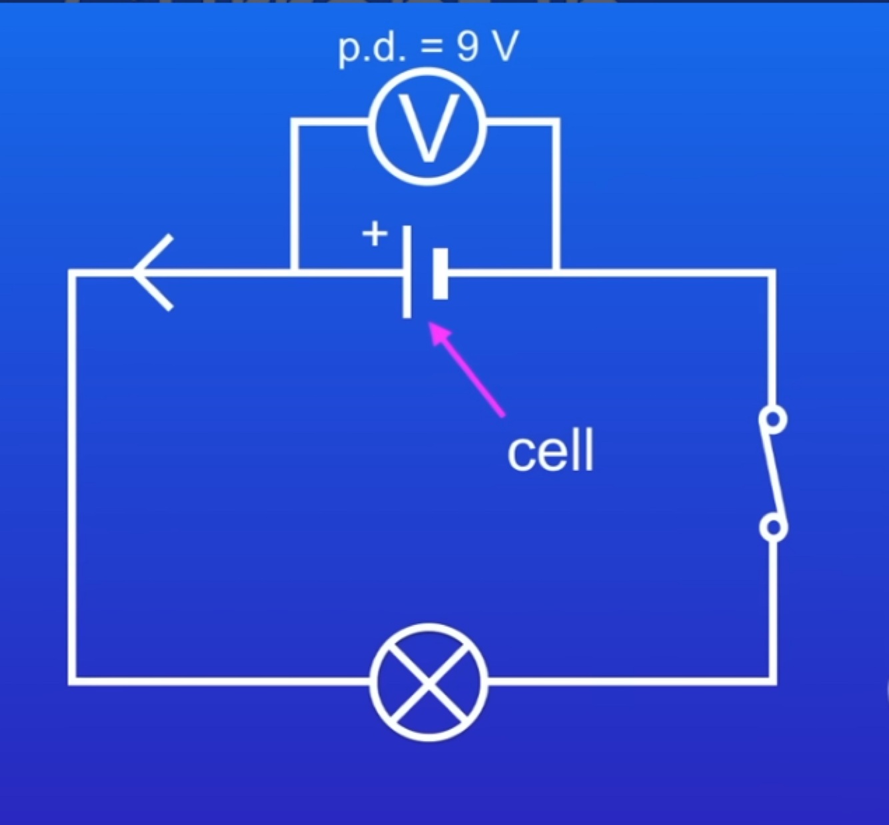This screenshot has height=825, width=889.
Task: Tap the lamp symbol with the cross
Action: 429,681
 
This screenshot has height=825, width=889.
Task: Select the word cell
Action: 550,452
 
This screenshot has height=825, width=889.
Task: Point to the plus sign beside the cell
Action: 375,234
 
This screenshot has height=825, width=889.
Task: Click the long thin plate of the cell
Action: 407,272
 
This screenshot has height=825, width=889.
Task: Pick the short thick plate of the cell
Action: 441,273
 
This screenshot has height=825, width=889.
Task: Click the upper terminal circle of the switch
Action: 773,420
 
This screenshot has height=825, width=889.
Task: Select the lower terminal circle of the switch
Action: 773,528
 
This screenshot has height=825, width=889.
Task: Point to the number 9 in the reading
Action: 468,47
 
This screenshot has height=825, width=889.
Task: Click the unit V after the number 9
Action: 502,47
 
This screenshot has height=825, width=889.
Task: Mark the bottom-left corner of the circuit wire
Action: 72,681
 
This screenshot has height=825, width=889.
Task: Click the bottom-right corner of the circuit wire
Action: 772,681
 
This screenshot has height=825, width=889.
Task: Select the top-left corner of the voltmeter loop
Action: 294,122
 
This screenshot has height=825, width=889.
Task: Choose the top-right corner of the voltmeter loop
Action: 556,122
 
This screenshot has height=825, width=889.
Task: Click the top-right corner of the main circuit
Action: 772,273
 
